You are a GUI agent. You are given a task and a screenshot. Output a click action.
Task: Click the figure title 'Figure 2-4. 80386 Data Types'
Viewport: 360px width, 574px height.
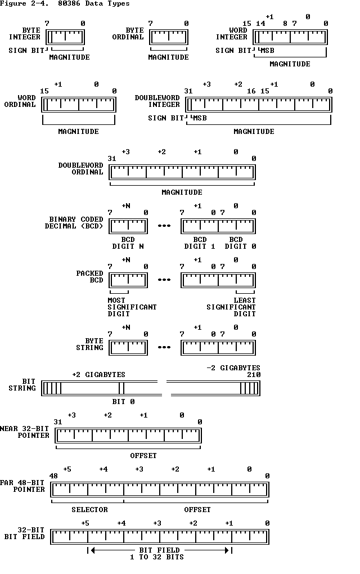(65, 3)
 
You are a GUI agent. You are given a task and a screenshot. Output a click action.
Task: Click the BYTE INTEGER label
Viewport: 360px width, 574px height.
(25, 34)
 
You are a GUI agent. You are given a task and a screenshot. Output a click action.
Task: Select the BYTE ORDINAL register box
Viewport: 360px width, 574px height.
(168, 37)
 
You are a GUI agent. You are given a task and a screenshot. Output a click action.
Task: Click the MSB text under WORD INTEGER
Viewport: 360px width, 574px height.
(267, 51)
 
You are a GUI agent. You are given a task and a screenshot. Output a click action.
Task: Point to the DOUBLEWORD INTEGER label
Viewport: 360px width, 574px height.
(157, 101)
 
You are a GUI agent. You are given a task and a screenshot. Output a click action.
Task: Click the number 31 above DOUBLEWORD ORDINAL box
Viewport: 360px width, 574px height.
(112, 159)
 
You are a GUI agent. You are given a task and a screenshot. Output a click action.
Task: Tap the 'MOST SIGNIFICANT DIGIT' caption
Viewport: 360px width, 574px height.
(132, 307)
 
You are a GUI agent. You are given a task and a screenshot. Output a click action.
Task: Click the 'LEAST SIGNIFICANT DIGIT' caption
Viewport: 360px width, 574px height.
(231, 307)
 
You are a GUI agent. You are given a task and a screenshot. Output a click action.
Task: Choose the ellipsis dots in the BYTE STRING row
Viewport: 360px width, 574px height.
(164, 348)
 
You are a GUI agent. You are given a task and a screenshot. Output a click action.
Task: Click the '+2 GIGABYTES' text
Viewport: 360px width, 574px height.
(98, 375)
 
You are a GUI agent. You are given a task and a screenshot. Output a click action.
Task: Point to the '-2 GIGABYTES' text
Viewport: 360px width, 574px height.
(233, 368)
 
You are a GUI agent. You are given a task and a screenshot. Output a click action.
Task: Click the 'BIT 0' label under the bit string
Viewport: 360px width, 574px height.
(123, 402)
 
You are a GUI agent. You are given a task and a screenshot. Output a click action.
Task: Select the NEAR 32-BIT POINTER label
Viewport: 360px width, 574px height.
(25, 432)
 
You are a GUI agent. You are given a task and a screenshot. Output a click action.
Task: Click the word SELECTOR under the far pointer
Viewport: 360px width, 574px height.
(89, 510)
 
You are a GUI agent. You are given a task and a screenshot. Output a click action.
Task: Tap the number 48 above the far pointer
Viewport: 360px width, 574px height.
(53, 476)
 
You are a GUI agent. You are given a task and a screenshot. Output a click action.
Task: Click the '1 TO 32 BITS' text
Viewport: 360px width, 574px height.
(159, 557)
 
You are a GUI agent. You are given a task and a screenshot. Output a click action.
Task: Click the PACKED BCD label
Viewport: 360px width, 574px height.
(90, 276)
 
